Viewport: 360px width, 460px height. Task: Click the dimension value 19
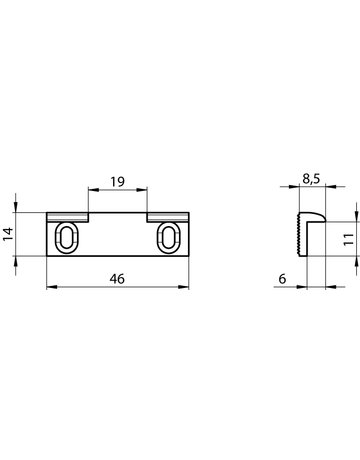click(x=119, y=183)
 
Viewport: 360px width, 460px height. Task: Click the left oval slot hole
click(x=67, y=239)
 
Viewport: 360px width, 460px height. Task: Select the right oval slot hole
click(x=168, y=239)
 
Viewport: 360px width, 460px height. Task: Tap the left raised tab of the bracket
click(x=68, y=216)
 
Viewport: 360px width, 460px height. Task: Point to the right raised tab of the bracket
click(x=167, y=216)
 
